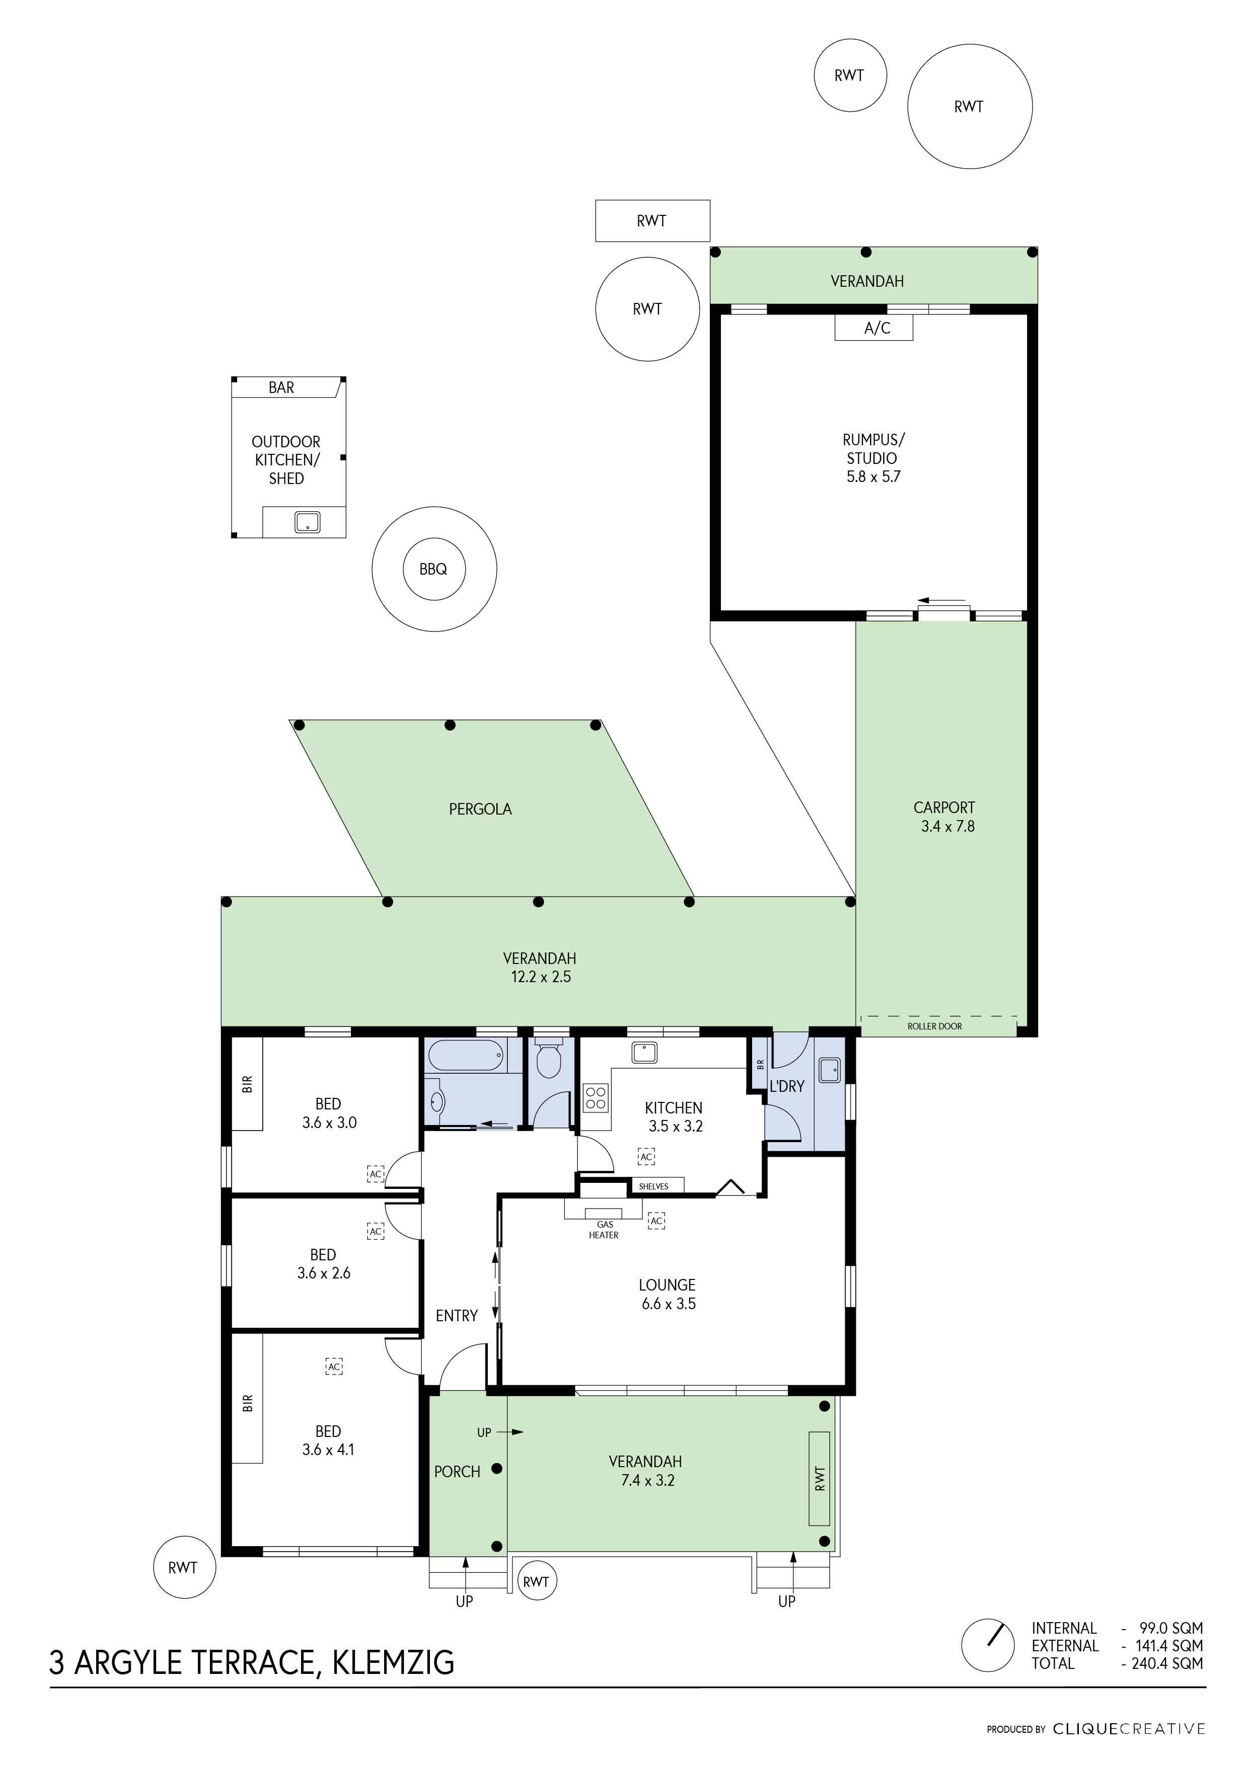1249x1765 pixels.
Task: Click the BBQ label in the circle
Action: click(x=433, y=569)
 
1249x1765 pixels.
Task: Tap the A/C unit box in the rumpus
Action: click(x=873, y=328)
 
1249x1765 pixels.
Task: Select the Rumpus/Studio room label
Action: click(x=873, y=458)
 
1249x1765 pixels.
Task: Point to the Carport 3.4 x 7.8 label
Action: click(x=944, y=817)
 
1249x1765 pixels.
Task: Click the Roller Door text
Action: click(x=934, y=1026)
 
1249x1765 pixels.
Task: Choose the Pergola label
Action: click(x=480, y=809)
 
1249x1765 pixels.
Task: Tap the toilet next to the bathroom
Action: click(x=548, y=1059)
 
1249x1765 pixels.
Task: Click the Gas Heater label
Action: click(x=604, y=1230)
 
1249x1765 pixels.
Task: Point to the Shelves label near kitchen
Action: click(x=654, y=1186)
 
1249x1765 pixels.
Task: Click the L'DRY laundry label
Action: click(x=787, y=1086)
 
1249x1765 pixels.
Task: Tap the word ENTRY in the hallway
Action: click(x=457, y=1315)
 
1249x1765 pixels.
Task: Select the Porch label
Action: click(x=457, y=1471)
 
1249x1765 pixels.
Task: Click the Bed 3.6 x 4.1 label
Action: click(x=328, y=1440)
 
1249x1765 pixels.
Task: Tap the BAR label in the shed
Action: click(x=281, y=387)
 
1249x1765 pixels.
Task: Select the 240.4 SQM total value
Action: click(x=1167, y=1663)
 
